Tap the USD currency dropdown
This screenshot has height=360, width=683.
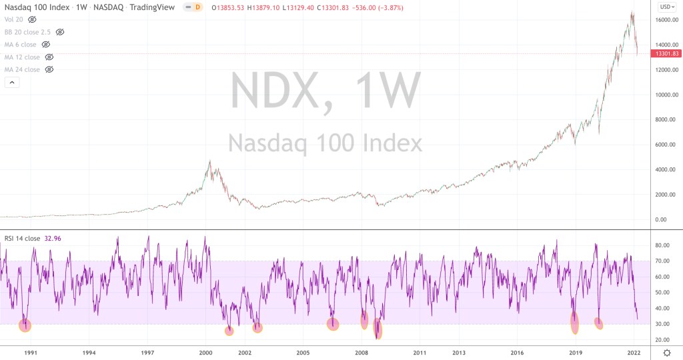(x=665, y=7)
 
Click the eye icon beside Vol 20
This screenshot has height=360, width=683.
(x=32, y=19)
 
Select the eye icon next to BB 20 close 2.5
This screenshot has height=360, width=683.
(x=60, y=32)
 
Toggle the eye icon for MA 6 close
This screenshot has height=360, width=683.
(x=46, y=45)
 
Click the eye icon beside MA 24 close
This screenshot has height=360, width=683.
(x=49, y=69)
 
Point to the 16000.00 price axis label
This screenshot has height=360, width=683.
(x=666, y=20)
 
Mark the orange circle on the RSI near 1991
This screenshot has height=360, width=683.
(x=25, y=325)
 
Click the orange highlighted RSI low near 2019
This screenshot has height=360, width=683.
(x=575, y=323)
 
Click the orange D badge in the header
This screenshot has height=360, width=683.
(x=197, y=7)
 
